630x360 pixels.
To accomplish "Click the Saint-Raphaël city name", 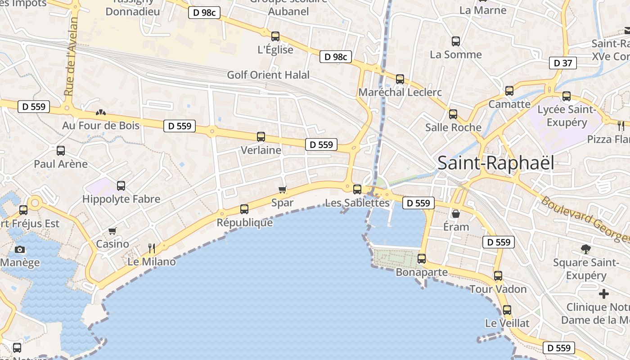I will (495, 162).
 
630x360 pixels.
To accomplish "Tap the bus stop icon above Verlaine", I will (261, 136).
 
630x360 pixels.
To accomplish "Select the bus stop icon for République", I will (244, 209).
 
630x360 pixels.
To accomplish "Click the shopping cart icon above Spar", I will (283, 189).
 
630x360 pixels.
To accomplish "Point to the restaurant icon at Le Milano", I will (152, 248).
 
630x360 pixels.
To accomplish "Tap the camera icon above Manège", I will (20, 249).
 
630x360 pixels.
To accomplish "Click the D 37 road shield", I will (562, 63).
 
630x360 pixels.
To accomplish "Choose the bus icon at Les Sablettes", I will (357, 189).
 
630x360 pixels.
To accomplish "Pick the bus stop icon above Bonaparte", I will (422, 259).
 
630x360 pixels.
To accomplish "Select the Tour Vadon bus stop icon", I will (498, 276).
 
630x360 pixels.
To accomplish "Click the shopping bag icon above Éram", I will (456, 213).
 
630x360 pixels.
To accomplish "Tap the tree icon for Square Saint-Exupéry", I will (585, 249).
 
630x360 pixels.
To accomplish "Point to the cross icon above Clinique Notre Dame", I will (604, 294).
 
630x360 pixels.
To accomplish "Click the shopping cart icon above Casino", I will (112, 231).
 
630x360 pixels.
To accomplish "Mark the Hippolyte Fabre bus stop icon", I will (121, 185).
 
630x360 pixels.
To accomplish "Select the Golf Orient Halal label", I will (268, 75).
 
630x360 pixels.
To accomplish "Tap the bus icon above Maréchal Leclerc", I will (400, 79).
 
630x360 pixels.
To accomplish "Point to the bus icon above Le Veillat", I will (507, 310).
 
